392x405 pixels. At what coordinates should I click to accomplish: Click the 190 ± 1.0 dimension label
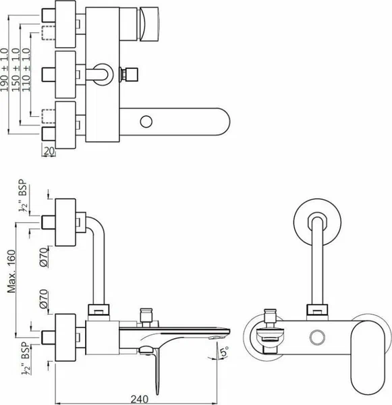5,70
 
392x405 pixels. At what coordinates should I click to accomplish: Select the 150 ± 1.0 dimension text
16,70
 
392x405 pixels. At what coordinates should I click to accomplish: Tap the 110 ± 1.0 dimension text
26,70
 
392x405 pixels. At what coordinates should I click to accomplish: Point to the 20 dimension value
49,151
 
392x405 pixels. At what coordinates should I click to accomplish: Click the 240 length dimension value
140,400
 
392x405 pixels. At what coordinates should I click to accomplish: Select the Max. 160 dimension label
11,271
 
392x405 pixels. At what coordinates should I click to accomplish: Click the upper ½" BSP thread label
23,196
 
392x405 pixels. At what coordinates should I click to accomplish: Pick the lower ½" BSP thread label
26,358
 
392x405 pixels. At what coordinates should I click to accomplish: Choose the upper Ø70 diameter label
44,257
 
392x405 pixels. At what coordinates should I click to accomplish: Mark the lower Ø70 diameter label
44,299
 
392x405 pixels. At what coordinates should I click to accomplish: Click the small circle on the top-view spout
146,122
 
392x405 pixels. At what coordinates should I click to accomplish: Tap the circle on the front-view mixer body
317,337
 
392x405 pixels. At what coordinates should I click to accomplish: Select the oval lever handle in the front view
368,358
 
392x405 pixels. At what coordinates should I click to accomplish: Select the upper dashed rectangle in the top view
49,33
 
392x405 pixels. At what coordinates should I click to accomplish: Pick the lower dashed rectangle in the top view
49,117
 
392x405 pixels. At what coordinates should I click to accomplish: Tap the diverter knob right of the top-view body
128,74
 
